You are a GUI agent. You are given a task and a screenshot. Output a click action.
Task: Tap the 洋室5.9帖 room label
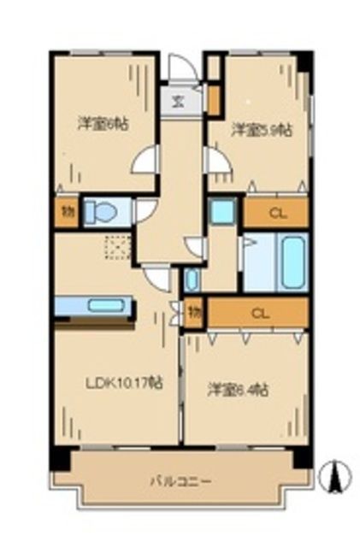261,130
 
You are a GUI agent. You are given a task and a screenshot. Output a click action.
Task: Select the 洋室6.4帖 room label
239,390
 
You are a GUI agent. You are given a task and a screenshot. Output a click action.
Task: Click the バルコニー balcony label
182,481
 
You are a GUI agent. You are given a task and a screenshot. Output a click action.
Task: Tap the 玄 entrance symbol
179,100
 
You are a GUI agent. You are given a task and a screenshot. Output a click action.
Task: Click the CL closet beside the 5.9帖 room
276,214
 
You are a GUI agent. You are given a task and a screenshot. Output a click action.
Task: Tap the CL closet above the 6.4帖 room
258,314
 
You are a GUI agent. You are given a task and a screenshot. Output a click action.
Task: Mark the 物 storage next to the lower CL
194,315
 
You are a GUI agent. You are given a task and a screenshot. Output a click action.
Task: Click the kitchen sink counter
94,306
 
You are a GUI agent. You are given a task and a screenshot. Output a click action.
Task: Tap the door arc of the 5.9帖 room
214,160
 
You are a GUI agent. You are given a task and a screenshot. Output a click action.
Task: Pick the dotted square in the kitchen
115,247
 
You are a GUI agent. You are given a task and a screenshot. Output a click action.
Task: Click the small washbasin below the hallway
192,279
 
